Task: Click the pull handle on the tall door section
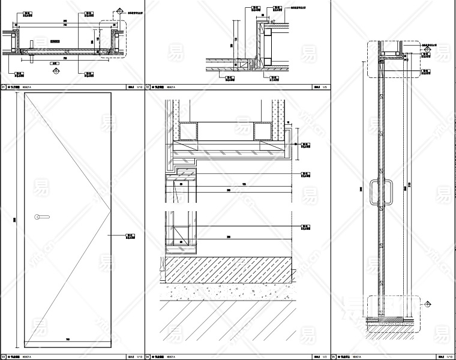[x=376, y=193]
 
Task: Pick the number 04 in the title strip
[x=148, y=356]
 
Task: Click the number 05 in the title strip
[x=335, y=356]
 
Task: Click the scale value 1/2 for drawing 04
[x=324, y=356]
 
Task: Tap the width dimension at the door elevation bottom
[x=67, y=341]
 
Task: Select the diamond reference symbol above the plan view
[x=119, y=10]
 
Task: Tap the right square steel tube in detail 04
[x=263, y=130]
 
